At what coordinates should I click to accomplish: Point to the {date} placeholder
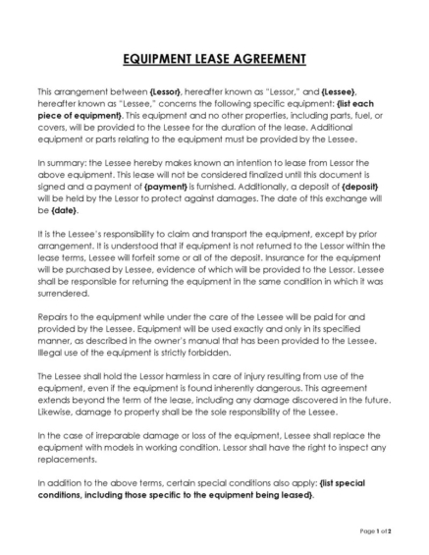click(64, 210)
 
